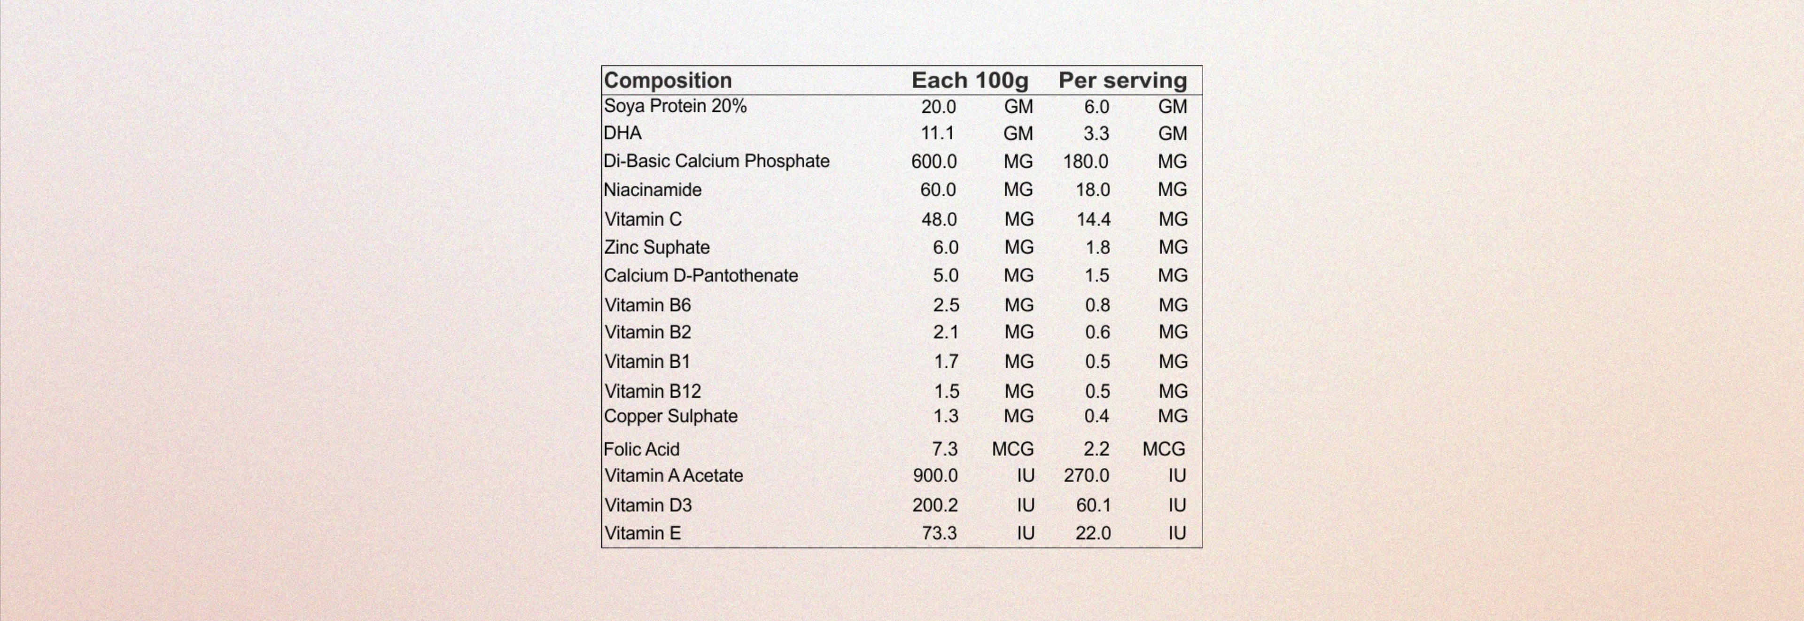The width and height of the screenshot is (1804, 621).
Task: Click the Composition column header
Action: (668, 80)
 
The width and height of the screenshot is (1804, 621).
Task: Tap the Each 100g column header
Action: (970, 80)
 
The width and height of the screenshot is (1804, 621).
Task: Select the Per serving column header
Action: (1123, 80)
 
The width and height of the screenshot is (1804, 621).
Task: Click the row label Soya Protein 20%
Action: (675, 107)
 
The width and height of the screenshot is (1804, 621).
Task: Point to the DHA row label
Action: (622, 133)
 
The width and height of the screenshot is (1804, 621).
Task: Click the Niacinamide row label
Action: (653, 190)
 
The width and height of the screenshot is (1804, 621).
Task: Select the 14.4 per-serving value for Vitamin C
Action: (1093, 220)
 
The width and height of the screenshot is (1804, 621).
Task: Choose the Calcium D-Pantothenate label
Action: (701, 276)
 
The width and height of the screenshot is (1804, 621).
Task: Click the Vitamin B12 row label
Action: (653, 391)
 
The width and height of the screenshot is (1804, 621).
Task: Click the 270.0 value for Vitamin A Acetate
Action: (1086, 476)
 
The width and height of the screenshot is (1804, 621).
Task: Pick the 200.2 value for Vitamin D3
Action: (935, 505)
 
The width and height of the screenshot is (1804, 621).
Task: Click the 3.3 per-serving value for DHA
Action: (1096, 134)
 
